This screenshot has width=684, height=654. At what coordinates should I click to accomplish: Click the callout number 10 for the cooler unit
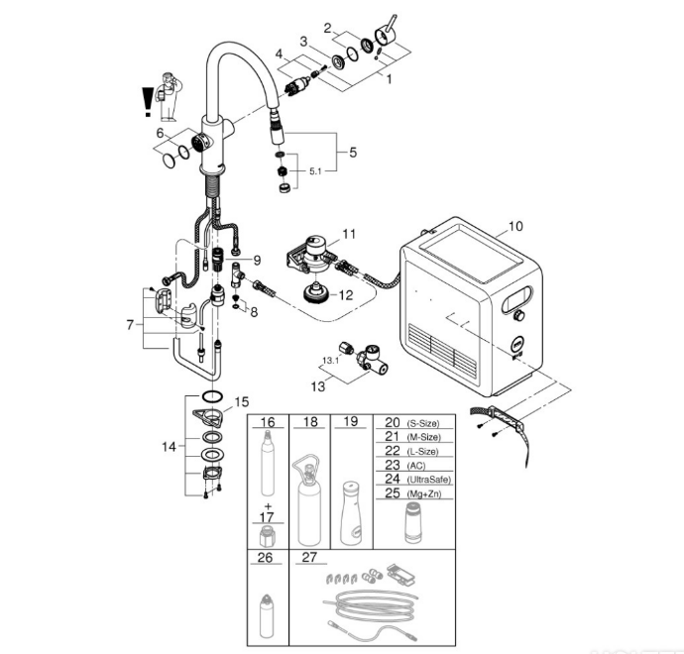click(x=515, y=226)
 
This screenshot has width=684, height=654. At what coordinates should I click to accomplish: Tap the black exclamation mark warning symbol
click(x=148, y=102)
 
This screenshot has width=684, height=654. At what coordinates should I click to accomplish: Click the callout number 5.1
click(x=315, y=171)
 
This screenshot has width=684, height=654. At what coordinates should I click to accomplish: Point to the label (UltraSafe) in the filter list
click(x=429, y=480)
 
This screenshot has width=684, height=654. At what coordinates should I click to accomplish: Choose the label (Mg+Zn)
click(x=423, y=494)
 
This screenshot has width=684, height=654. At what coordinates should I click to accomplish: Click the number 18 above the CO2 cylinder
click(x=310, y=421)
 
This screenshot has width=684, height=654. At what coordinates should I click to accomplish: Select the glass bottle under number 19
click(x=352, y=513)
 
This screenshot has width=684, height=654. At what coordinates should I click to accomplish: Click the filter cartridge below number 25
click(x=412, y=523)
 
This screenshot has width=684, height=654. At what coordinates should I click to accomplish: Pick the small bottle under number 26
click(x=267, y=615)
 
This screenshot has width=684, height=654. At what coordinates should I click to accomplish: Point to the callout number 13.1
click(x=330, y=361)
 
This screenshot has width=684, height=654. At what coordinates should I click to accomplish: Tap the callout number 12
click(x=346, y=295)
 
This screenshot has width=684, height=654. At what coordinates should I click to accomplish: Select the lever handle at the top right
click(x=386, y=35)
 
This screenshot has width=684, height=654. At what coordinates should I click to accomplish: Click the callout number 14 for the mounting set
click(x=169, y=447)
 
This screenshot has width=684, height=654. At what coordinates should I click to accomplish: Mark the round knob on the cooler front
click(x=518, y=315)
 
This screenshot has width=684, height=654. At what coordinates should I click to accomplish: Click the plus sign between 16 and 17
click(x=268, y=506)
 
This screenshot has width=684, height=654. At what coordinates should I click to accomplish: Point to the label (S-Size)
click(x=423, y=423)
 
